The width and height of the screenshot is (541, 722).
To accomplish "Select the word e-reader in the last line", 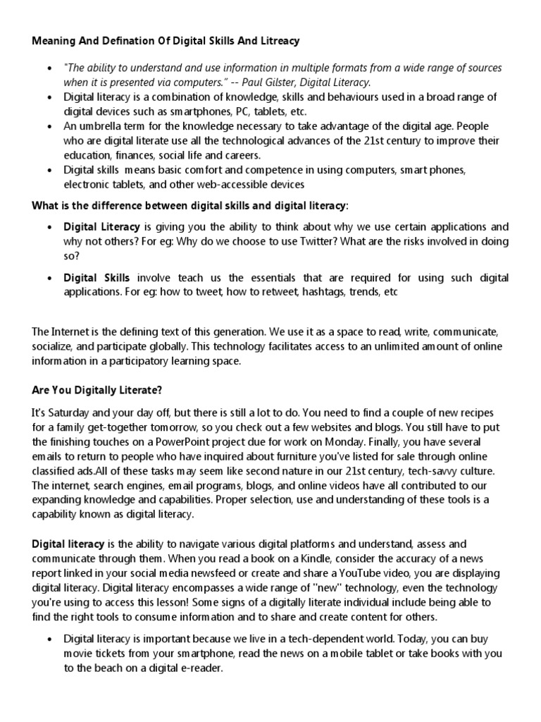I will pos(201,668).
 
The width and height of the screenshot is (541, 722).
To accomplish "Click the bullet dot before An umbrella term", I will pos(49,126).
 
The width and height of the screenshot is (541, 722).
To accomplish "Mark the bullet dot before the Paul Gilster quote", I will pos(49,68).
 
